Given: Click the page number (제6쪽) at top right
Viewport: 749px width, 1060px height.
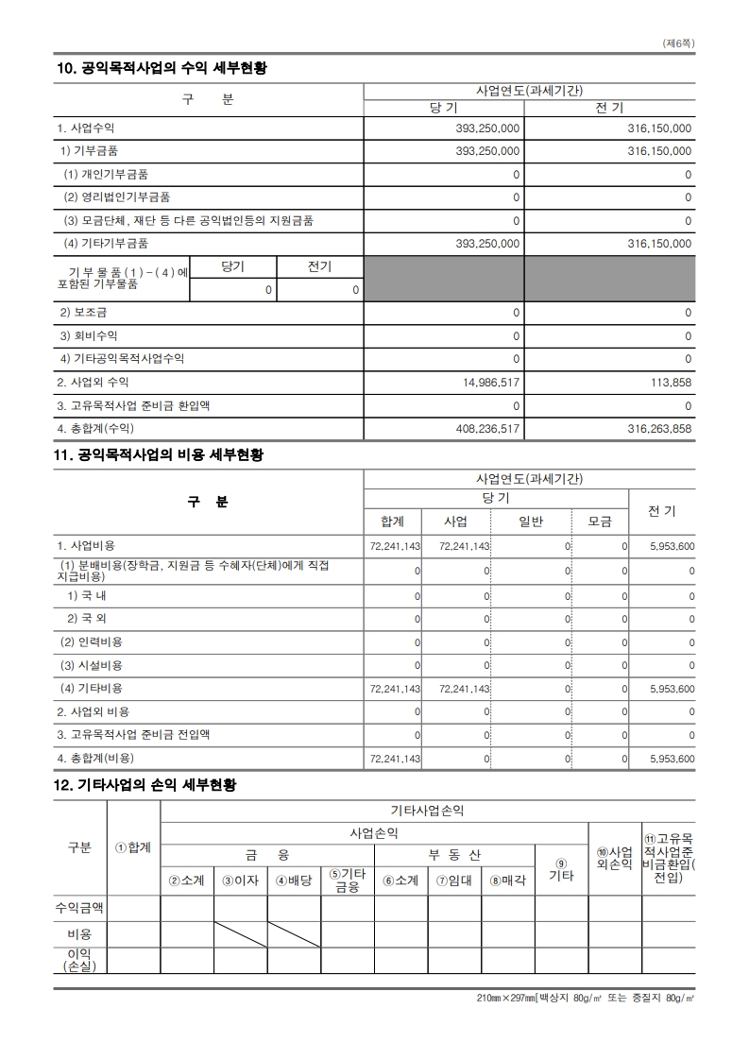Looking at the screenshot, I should (679, 43).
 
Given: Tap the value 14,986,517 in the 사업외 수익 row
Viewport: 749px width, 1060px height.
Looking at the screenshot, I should (487, 383).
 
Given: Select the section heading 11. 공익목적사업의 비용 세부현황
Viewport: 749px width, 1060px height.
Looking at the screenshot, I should (159, 455).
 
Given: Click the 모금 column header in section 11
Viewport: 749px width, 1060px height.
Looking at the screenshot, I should (600, 521).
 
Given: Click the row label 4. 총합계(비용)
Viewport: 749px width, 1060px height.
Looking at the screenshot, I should (95, 759).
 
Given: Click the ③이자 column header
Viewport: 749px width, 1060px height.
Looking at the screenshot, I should (240, 880).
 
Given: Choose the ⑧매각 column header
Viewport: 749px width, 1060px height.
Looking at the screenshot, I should (507, 880).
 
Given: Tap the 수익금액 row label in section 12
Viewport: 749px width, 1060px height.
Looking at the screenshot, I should (79, 908).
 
